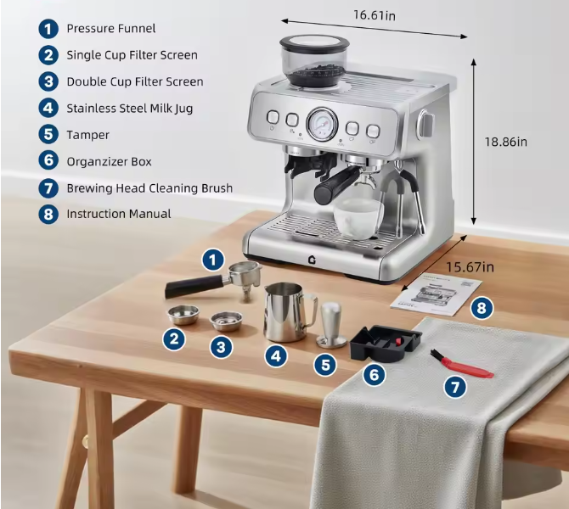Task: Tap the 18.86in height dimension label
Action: pyautogui.click(x=504, y=142)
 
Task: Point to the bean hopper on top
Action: pyautogui.click(x=315, y=59)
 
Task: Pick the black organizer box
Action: pyautogui.click(x=386, y=342)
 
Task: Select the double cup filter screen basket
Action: pyautogui.click(x=227, y=320)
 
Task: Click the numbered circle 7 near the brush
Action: pyautogui.click(x=456, y=387)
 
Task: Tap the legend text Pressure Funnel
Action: pyautogui.click(x=111, y=29)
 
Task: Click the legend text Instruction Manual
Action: pyautogui.click(x=118, y=214)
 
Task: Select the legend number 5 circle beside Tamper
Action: pyautogui.click(x=48, y=134)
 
